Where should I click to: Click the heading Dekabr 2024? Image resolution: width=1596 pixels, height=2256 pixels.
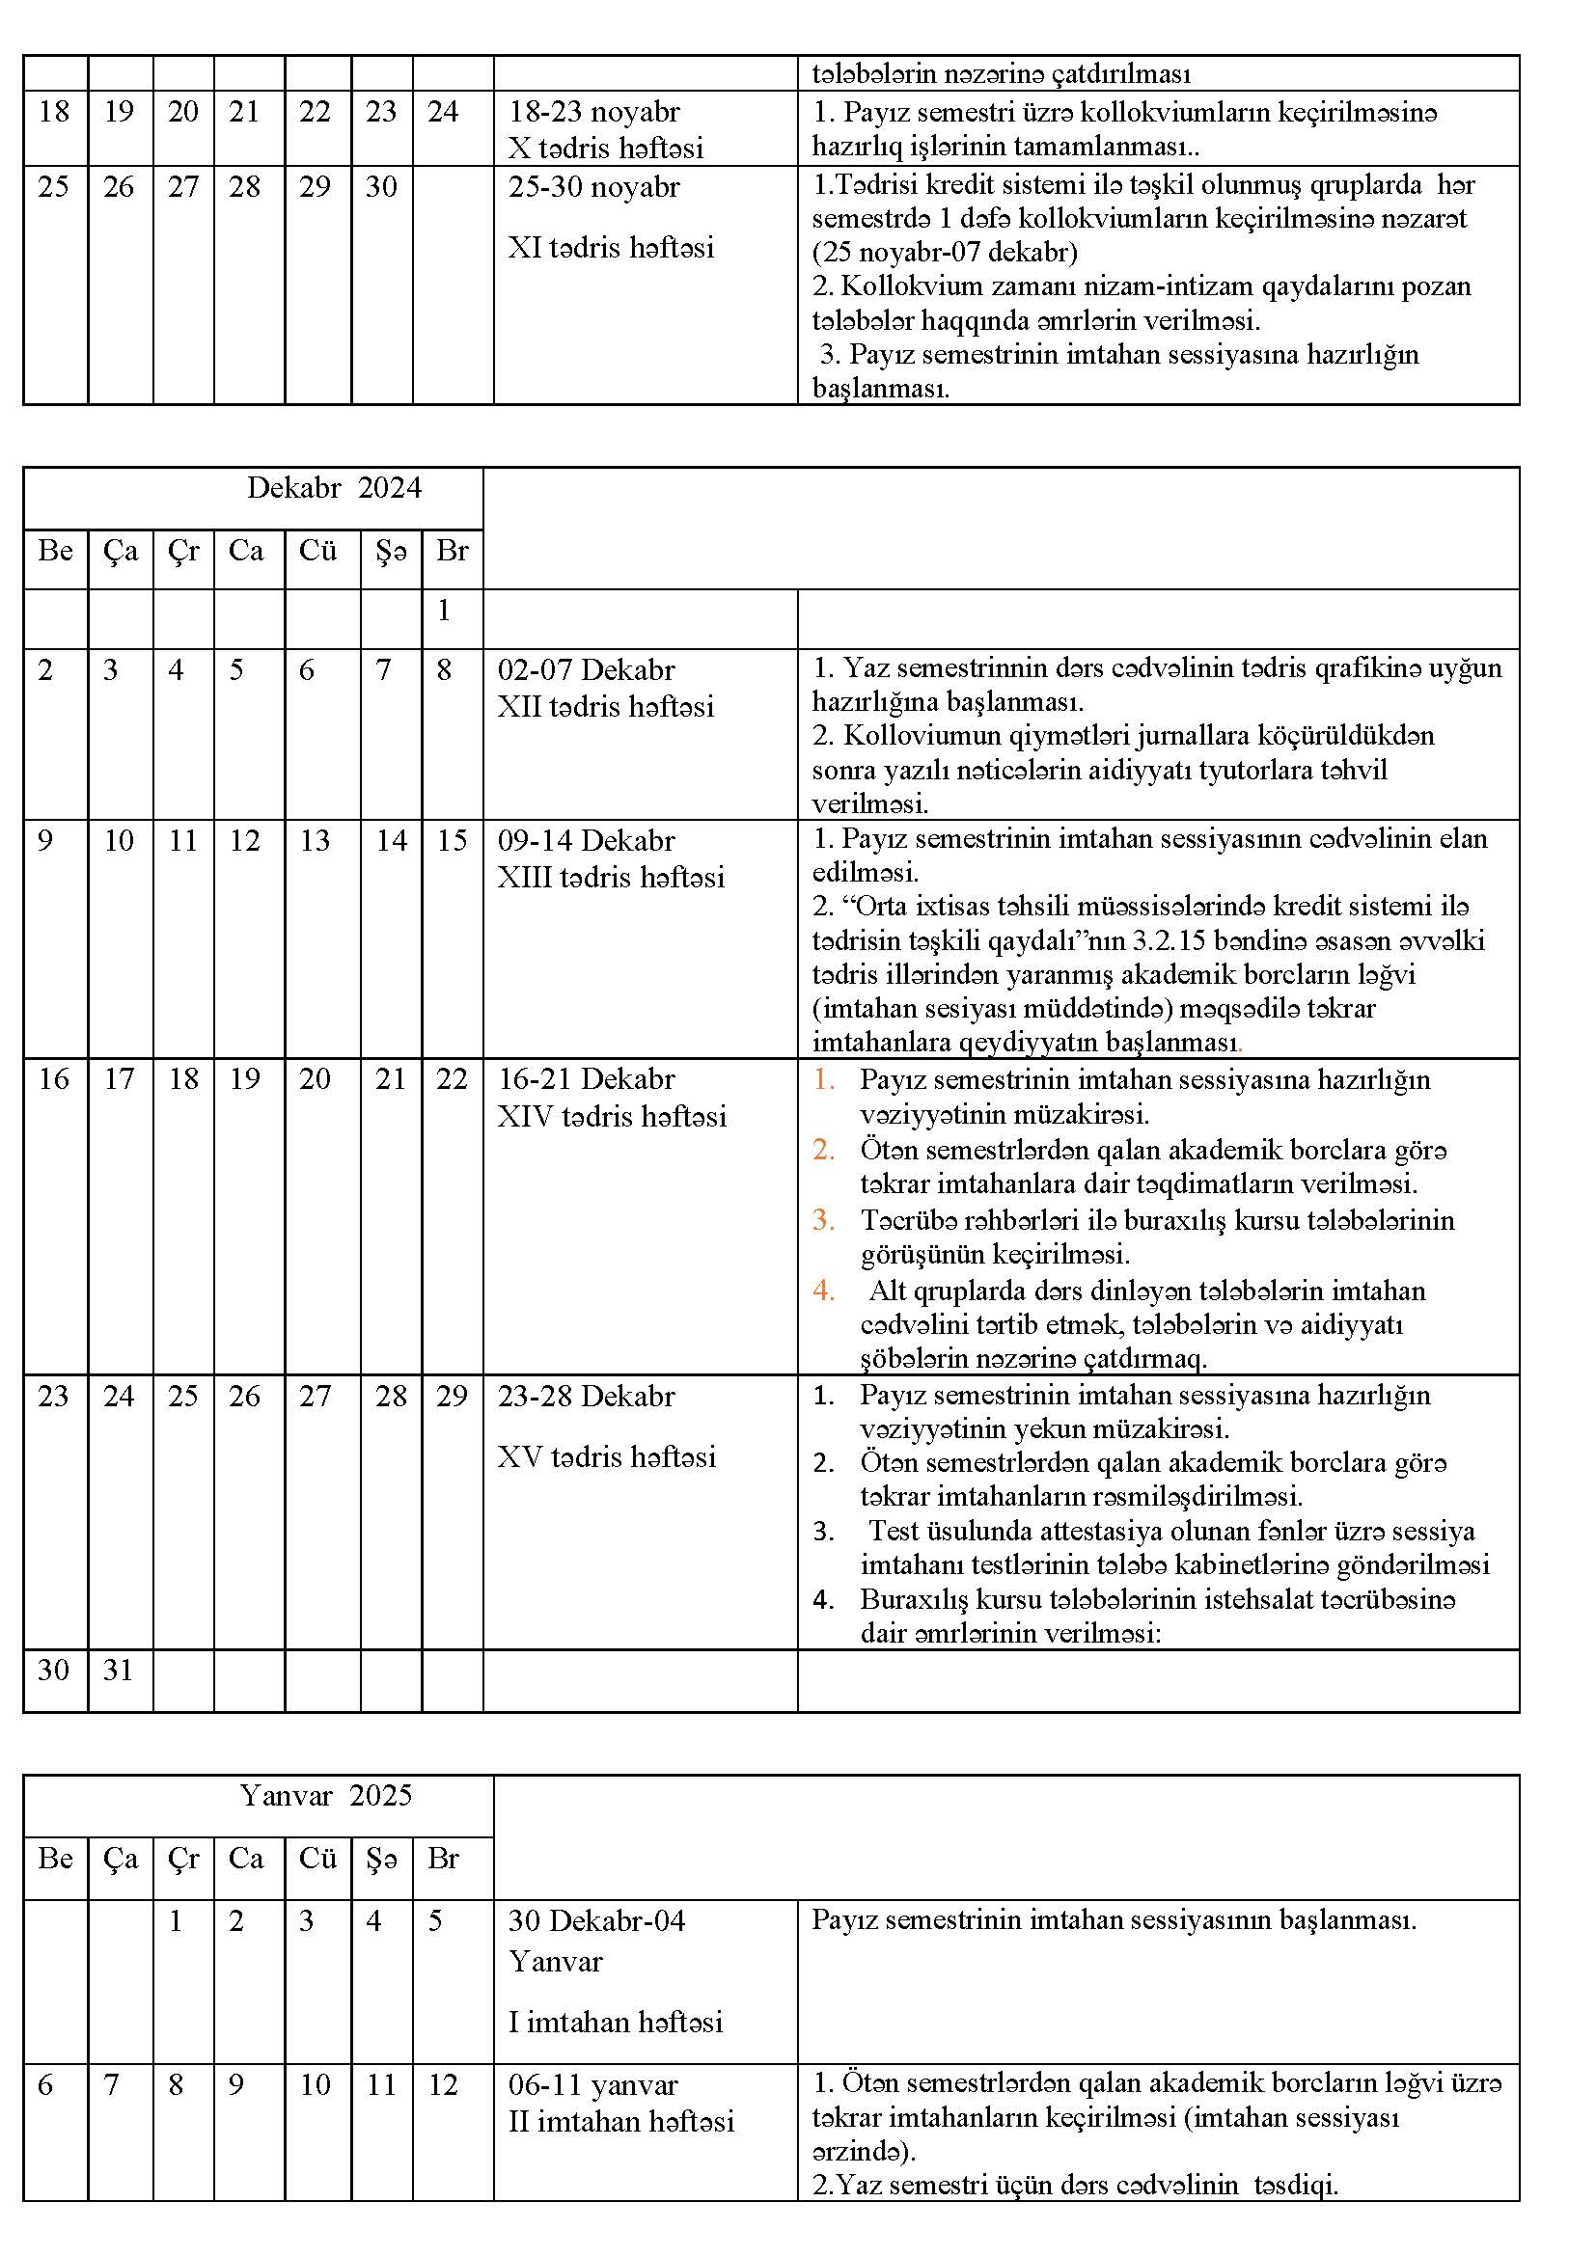tap(333, 488)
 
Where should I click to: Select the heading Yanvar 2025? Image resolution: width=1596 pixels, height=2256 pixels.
tap(325, 1796)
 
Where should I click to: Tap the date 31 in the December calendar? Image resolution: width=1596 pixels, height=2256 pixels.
tap(118, 1670)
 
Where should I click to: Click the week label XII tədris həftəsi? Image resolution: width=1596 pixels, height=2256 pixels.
tap(605, 706)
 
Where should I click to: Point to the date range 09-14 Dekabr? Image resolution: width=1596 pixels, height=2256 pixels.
tap(586, 840)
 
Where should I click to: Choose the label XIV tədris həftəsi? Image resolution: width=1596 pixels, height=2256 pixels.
tap(611, 1116)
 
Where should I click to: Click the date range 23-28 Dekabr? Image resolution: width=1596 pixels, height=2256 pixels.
tap(586, 1396)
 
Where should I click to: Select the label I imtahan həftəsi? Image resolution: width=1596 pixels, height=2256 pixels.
tap(616, 2023)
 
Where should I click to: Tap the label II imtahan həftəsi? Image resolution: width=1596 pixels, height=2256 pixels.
tap(621, 2121)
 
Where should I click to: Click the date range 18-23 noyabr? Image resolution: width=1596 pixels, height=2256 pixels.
tap(593, 111)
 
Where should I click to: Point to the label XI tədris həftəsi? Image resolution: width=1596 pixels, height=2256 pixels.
tap(610, 248)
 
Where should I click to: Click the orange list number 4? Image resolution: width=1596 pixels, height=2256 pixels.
tap(823, 1291)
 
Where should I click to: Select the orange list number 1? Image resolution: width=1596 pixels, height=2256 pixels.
tap(823, 1079)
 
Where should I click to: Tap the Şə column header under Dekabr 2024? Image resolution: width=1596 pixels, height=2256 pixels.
tap(390, 552)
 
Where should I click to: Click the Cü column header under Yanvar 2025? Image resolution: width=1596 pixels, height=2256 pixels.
tap(317, 1859)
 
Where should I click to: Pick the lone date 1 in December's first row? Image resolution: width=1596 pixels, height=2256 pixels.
tap(444, 611)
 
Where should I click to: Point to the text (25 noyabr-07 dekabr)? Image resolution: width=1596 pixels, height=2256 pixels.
tap(945, 253)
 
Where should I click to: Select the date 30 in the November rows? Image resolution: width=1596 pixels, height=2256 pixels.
tap(380, 187)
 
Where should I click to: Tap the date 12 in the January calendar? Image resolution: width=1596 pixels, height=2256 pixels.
tap(443, 2085)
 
